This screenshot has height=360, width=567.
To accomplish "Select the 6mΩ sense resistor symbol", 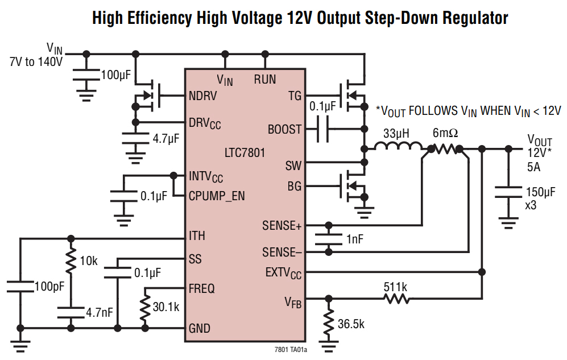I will tap(445, 149).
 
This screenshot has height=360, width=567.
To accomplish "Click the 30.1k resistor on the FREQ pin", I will tap(146, 308).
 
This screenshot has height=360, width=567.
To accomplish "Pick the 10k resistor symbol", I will tap(71, 261).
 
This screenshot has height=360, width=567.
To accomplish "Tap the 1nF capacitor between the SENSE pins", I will tap(328, 239).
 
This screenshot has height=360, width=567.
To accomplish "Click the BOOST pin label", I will tap(284, 129).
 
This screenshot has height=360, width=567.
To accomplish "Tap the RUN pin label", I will tap(264, 80).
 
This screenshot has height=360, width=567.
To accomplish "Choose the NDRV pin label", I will tap(202, 95).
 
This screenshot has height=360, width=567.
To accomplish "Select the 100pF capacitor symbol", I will tap(20, 286).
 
